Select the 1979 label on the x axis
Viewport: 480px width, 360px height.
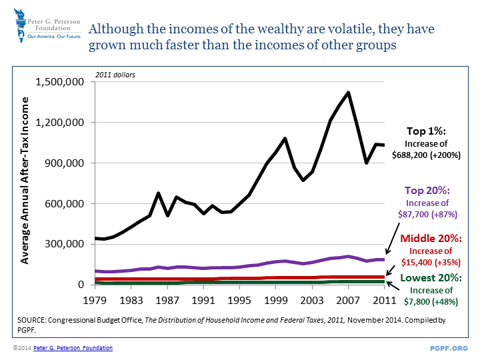coord(94,300)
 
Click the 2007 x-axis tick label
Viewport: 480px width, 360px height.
coord(347,300)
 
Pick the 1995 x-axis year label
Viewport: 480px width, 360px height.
coord(239,300)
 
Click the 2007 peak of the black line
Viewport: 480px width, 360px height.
coord(348,93)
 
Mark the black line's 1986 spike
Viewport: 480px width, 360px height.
coord(158,193)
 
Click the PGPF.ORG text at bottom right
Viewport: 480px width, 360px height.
coord(450,348)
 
